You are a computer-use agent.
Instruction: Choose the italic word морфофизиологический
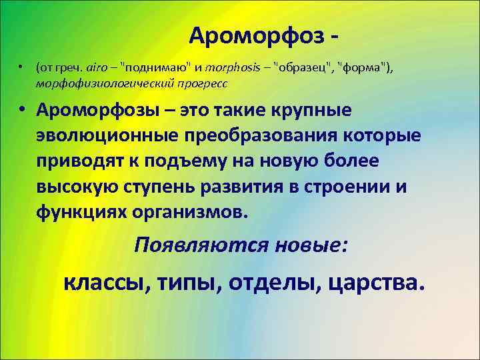coord(107,83)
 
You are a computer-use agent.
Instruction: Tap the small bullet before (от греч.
coord(21,67)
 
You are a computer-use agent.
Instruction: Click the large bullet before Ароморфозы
coord(24,109)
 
